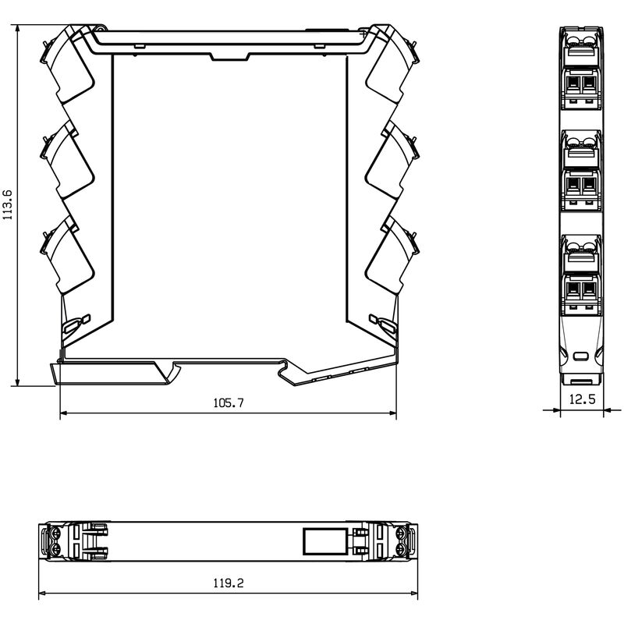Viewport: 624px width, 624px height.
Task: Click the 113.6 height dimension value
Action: [x=8, y=204]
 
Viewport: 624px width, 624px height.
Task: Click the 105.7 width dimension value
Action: [x=229, y=402]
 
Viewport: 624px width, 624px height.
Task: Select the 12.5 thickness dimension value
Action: [x=582, y=399]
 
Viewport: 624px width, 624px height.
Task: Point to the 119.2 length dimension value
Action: [x=229, y=583]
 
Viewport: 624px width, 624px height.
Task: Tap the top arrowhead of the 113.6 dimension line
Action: [x=17, y=30]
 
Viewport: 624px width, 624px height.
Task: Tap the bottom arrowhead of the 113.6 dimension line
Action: [x=17, y=381]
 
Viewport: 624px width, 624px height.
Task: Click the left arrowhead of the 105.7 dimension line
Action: [x=65, y=413]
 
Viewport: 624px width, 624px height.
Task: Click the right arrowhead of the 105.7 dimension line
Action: [x=392, y=413]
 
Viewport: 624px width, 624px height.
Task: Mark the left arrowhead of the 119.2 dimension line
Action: [x=44, y=593]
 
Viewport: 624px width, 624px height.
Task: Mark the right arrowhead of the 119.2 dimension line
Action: [x=413, y=593]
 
